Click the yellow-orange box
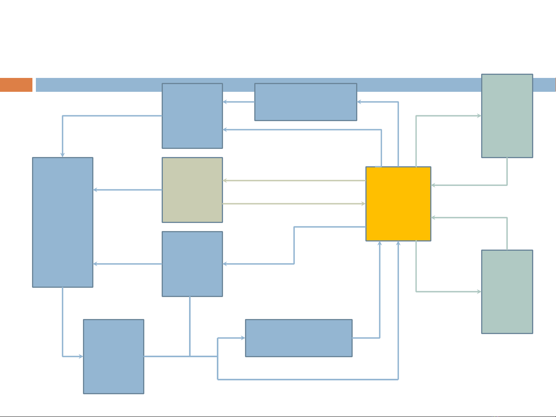click(x=398, y=204)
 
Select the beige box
click(x=192, y=190)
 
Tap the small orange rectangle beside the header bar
click(x=16, y=85)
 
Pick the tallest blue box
click(x=63, y=222)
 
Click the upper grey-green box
click(x=507, y=116)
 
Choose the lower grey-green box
click(x=507, y=292)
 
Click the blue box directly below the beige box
click(x=192, y=264)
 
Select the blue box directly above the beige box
click(x=192, y=116)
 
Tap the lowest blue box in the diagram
click(x=113, y=356)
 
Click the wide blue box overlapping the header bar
click(x=306, y=102)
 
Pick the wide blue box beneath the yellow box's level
click(x=299, y=338)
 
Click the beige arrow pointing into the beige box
click(x=293, y=181)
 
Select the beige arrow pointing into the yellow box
click(x=293, y=204)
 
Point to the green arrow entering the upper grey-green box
click(x=448, y=116)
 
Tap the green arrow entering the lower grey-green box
click(x=448, y=292)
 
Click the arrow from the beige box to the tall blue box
click(x=127, y=190)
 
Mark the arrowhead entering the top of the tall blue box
click(x=63, y=154)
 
